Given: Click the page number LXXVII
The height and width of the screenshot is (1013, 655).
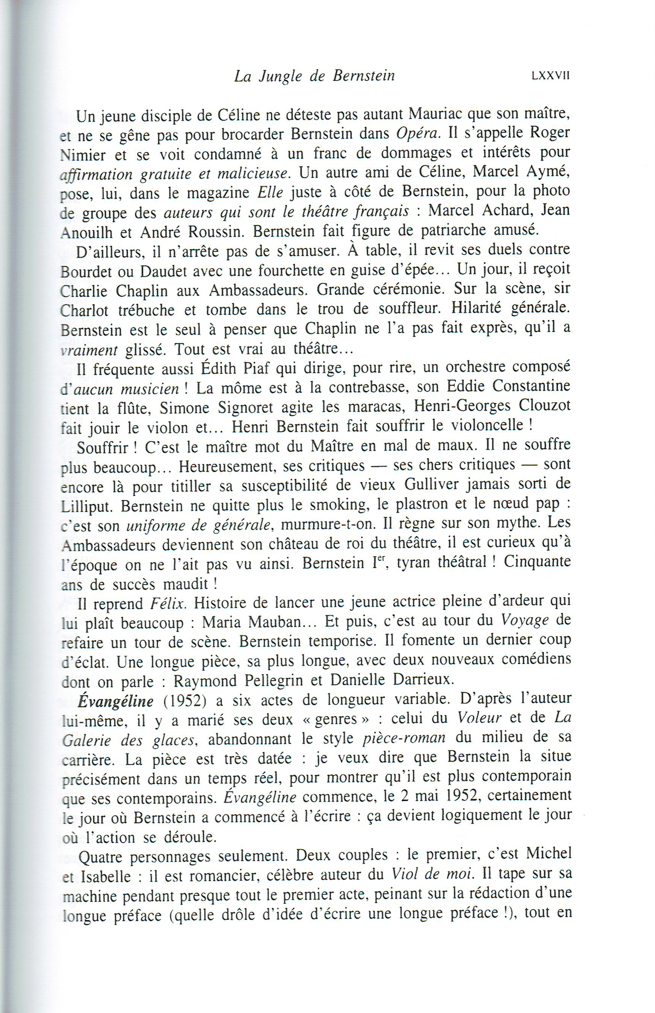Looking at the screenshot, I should pyautogui.click(x=550, y=75).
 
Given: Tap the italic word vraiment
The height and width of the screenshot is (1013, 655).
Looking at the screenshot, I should pyautogui.click(x=89, y=350).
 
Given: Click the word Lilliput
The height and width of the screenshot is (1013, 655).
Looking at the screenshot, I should pyautogui.click(x=87, y=506).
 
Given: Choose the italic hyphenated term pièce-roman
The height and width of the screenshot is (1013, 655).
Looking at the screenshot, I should pyautogui.click(x=404, y=738).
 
